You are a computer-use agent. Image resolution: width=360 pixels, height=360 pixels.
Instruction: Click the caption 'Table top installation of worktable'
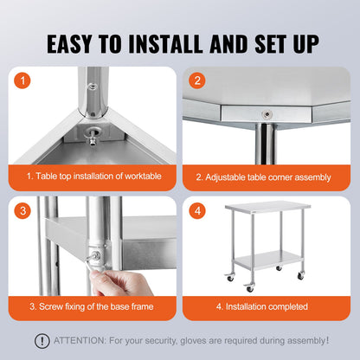96,177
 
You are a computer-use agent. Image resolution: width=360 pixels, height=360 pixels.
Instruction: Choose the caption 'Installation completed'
260,306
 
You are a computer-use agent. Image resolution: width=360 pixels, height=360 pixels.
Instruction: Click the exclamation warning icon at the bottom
41,341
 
